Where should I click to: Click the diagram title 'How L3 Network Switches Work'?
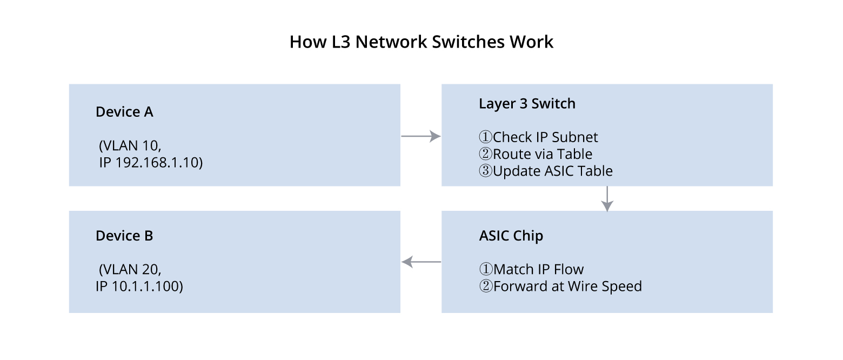click(x=421, y=42)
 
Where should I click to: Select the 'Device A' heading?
click(x=124, y=112)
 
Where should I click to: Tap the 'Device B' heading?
click(x=124, y=236)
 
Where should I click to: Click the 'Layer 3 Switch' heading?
click(x=527, y=104)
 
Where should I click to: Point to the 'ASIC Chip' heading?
click(x=511, y=236)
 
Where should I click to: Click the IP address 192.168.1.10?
click(x=158, y=163)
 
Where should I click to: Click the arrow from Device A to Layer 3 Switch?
click(x=420, y=136)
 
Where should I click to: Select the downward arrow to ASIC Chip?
click(x=607, y=198)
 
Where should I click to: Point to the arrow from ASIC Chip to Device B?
click(x=421, y=262)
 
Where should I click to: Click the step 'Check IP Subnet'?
click(x=545, y=137)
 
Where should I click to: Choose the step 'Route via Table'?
click(x=542, y=154)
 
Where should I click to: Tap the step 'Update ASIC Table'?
click(x=552, y=171)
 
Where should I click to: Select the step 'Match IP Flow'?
click(x=538, y=269)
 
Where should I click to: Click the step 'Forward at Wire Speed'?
click(x=567, y=286)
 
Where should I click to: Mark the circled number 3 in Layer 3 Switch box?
click(x=485, y=171)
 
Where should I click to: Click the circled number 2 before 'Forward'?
click(x=485, y=286)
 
